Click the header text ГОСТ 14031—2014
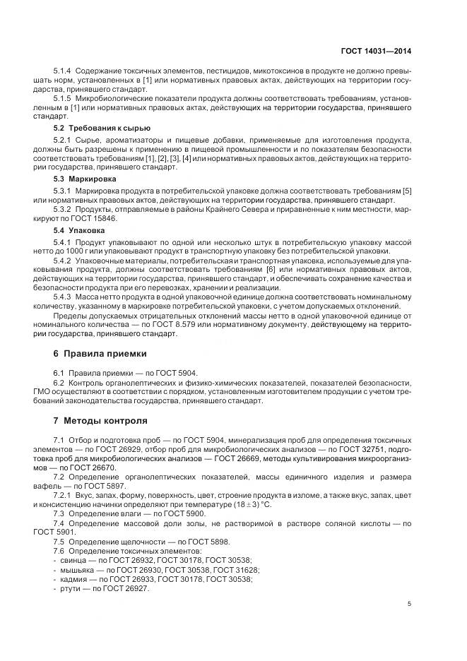point(377,51)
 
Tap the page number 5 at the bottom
point(410,604)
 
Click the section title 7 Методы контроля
point(100,421)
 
